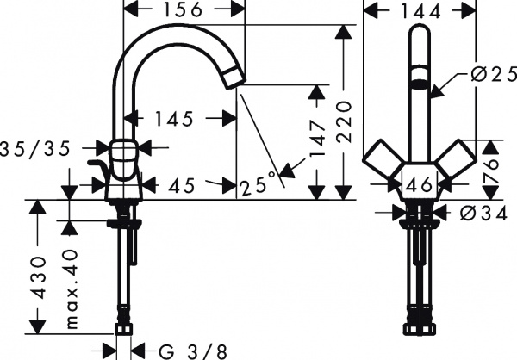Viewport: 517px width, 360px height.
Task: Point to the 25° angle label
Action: coord(258,183)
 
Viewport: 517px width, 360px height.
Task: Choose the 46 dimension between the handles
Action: coord(419,183)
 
